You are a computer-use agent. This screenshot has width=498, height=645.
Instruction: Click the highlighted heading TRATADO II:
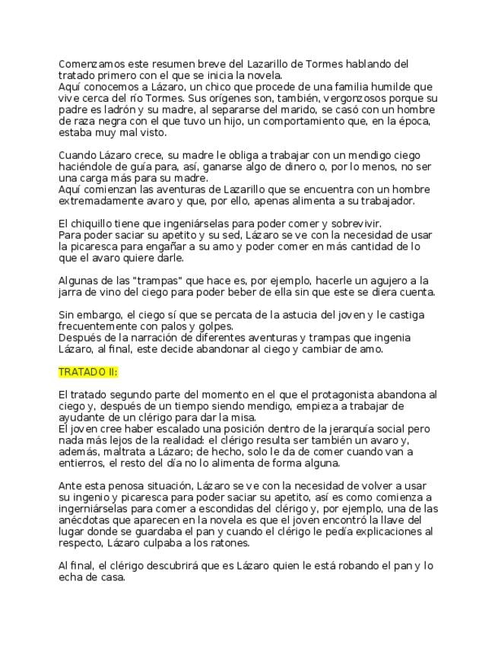pos(88,373)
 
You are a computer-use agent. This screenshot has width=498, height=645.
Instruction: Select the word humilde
pos(392,87)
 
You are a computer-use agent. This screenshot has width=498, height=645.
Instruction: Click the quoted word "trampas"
pos(169,281)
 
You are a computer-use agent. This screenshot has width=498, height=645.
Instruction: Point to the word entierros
pos(84,463)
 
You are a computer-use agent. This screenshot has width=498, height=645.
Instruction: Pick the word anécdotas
pos(87,520)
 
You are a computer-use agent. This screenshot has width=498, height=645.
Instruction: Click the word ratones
pos(229,543)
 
